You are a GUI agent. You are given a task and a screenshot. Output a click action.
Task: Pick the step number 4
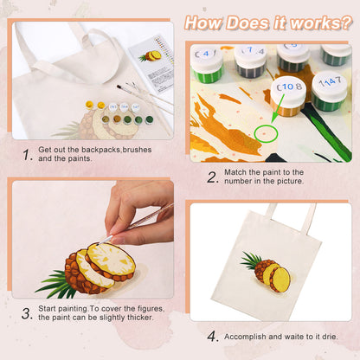[x=212, y=336]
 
